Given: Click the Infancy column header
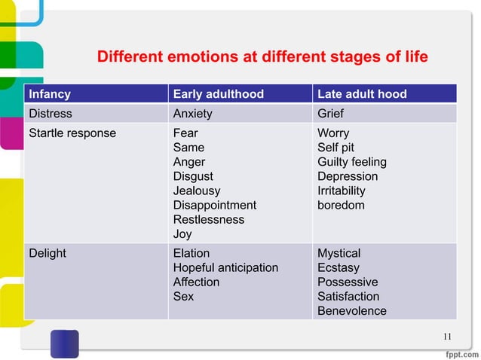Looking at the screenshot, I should [50, 94].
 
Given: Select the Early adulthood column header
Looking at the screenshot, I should [219, 94].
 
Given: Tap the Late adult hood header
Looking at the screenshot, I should [362, 94].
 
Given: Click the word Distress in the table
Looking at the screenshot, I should [51, 114].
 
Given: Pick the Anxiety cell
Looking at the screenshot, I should [193, 114].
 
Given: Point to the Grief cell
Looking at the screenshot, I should [331, 114].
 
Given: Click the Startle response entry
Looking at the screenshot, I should [72, 133].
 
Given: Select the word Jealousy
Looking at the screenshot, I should [198, 191].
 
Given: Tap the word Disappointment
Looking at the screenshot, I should [215, 205].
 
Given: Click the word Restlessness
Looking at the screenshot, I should [209, 219].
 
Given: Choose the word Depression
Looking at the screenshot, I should [348, 176].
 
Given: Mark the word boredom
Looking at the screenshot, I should [341, 205].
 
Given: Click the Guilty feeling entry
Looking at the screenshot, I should [352, 162].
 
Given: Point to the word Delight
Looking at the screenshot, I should [47, 253].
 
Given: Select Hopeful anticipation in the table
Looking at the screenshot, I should [225, 267].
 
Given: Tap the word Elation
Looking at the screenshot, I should [191, 253].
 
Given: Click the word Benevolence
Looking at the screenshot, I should [352, 311].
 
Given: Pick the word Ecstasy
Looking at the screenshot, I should [339, 267].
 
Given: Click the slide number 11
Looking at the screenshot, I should [447, 336].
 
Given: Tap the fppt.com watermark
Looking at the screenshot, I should [458, 352].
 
